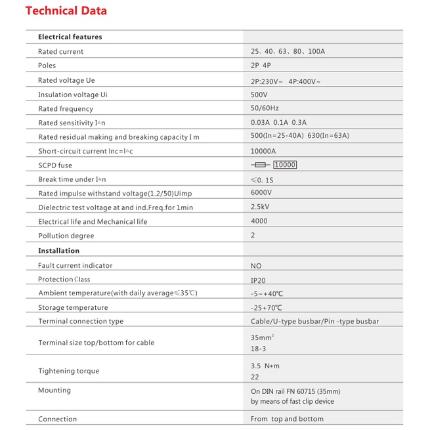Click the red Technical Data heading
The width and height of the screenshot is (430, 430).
click(x=66, y=11)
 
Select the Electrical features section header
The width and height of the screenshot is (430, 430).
click(x=70, y=37)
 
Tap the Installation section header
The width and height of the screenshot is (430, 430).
click(x=58, y=251)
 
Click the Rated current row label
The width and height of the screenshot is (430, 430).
click(x=61, y=52)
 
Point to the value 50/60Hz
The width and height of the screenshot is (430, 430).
click(x=265, y=108)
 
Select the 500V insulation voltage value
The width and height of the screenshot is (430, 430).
click(x=259, y=95)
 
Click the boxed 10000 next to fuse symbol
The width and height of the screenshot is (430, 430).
click(x=285, y=165)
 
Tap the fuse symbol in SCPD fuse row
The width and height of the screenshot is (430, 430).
click(x=261, y=165)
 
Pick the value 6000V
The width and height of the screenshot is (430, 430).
click(x=261, y=192)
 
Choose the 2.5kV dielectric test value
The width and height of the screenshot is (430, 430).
click(x=261, y=207)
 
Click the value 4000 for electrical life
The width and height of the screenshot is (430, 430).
click(x=259, y=221)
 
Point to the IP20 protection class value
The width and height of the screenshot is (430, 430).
click(x=258, y=280)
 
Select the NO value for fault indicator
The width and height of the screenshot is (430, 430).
click(x=256, y=266)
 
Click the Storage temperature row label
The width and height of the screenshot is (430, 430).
click(x=73, y=308)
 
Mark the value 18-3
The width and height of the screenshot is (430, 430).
click(x=259, y=349)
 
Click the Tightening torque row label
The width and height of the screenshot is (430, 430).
click(x=69, y=371)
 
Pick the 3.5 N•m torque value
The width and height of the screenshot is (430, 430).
click(x=265, y=366)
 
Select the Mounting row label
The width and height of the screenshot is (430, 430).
click(x=54, y=390)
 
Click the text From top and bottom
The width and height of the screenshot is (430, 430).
click(x=287, y=419)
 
